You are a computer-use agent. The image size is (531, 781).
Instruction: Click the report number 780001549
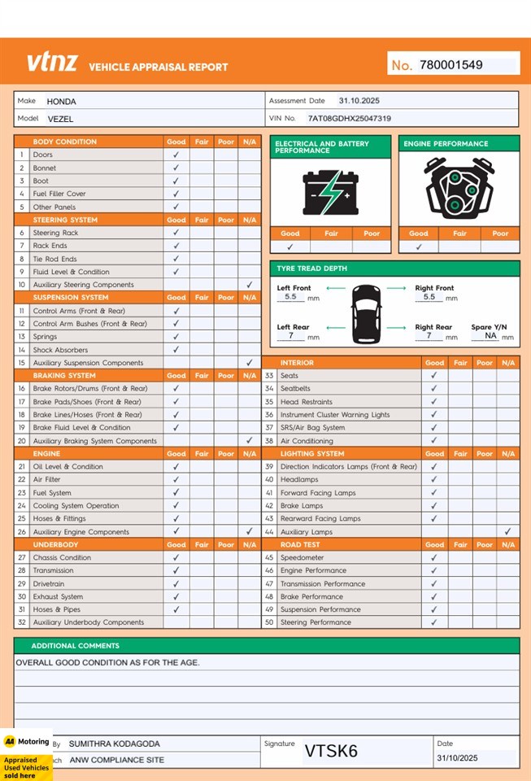[x=450, y=65]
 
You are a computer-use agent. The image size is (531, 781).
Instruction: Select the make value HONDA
[x=61, y=102]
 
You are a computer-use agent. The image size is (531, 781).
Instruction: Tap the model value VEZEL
[x=60, y=119]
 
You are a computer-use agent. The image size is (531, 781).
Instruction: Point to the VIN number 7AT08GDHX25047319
[x=349, y=119]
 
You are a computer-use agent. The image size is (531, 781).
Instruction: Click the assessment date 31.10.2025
[x=359, y=101]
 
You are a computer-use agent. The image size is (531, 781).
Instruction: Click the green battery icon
[x=330, y=192]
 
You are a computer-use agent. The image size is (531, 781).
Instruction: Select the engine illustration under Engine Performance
[x=459, y=190]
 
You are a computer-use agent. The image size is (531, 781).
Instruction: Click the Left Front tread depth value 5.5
[x=290, y=298]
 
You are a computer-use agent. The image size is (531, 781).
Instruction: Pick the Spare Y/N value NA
[x=490, y=335]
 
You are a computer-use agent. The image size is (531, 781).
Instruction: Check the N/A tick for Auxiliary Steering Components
[x=249, y=285]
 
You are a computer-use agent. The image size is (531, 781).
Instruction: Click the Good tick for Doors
[x=176, y=155]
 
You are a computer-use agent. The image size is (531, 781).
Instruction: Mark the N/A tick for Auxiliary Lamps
[x=507, y=532]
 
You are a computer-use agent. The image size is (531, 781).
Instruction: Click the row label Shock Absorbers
[x=59, y=350]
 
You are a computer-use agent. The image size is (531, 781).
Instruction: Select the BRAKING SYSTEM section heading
[x=64, y=376]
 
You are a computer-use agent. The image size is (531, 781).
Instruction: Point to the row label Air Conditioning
[x=307, y=441]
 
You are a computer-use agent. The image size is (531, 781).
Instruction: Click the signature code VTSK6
[x=331, y=751]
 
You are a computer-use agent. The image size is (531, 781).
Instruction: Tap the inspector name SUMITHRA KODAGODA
[x=114, y=744]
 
